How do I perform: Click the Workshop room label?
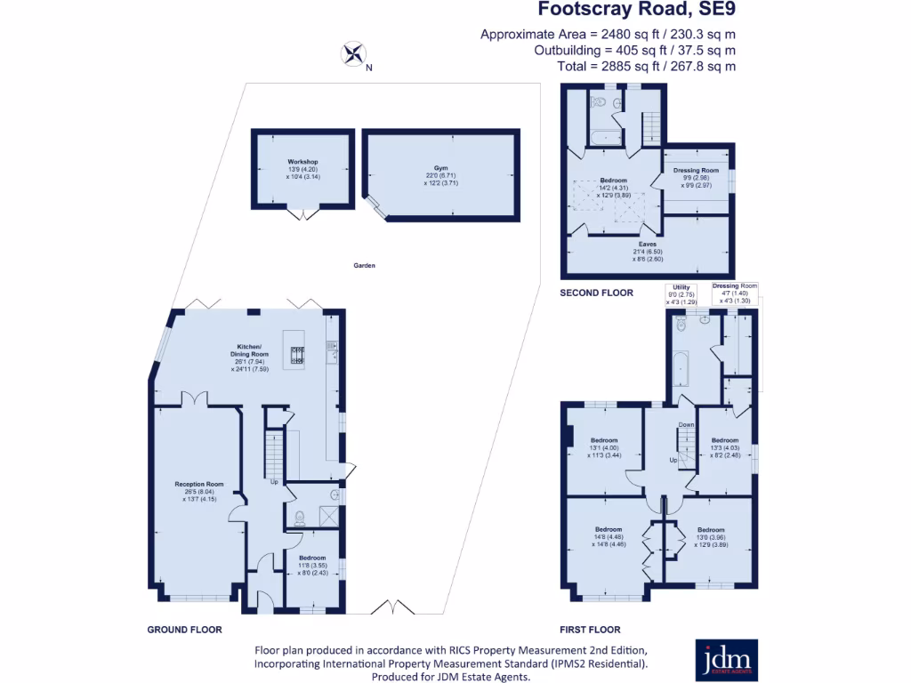302,162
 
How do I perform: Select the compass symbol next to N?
352,55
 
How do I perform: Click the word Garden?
363,265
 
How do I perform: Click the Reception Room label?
198,485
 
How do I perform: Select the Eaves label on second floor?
647,242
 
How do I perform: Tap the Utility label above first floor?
681,287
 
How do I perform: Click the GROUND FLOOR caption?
184,629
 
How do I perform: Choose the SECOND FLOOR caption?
596,293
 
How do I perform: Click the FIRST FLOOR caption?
591,629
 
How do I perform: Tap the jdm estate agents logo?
726,660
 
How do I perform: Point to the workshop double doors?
303,214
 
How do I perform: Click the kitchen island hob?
297,355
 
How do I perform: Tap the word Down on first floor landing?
686,424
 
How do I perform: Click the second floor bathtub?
606,138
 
